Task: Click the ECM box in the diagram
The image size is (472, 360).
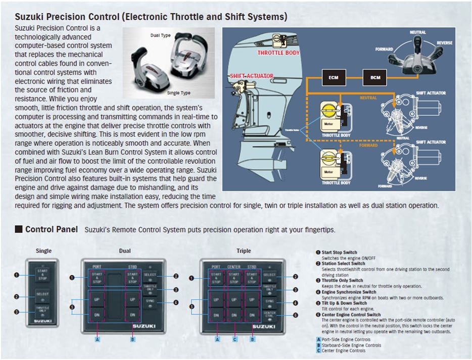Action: pyautogui.click(x=334, y=77)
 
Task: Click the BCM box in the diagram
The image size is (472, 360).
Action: pyautogui.click(x=375, y=77)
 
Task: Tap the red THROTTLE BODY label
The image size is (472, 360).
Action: pyautogui.click(x=278, y=53)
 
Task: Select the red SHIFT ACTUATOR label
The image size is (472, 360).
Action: pyautogui.click(x=251, y=76)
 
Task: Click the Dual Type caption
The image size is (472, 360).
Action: pyautogui.click(x=161, y=35)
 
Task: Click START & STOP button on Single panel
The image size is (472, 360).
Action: pyautogui.click(x=42, y=275)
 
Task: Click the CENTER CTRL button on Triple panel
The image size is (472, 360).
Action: pyautogui.click(x=269, y=316)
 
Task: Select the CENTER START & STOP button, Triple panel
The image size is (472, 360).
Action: pyautogui.click(x=234, y=278)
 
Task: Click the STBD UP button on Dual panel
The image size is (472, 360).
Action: pyautogui.click(x=132, y=299)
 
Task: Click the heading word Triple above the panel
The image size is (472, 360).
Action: pyautogui.click(x=243, y=251)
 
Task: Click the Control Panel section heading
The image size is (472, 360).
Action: pyautogui.click(x=51, y=230)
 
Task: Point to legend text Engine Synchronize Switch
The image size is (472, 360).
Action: pyautogui.click(x=349, y=292)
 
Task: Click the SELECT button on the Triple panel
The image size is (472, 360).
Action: pyautogui.click(x=269, y=275)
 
